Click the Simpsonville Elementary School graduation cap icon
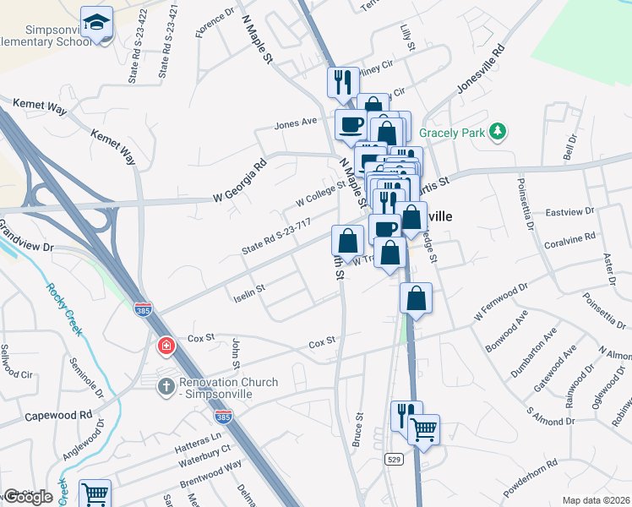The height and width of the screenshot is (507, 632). click(97, 22)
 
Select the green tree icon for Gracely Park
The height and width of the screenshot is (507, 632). click(499, 130)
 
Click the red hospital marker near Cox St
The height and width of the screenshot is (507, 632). click(166, 346)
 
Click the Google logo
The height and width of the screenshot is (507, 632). click(28, 497)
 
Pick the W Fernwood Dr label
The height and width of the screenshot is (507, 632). click(501, 303)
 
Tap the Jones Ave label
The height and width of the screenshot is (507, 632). click(295, 123)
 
